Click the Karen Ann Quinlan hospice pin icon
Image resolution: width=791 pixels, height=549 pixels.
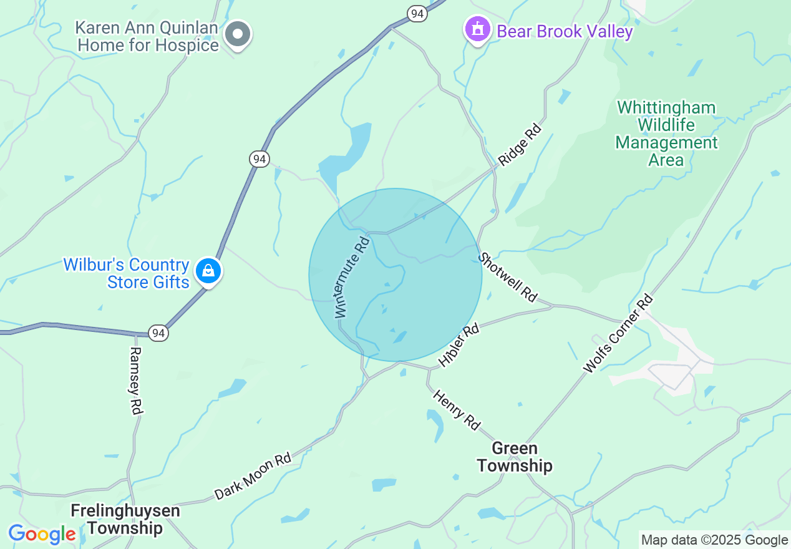pyautogui.click(x=238, y=33)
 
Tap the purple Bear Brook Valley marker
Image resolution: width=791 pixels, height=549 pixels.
pyautogui.click(x=478, y=29)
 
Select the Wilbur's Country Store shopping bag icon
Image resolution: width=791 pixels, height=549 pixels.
pyautogui.click(x=208, y=271)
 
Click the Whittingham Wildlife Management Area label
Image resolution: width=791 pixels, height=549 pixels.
pyautogui.click(x=666, y=134)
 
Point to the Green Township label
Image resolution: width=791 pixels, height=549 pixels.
pyautogui.click(x=515, y=457)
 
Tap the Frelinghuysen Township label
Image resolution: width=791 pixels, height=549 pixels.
pyautogui.click(x=125, y=520)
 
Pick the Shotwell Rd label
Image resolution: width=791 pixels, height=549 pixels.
pyautogui.click(x=508, y=276)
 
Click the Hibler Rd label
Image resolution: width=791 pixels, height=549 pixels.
pyautogui.click(x=459, y=344)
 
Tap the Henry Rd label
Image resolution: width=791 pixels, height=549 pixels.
pyautogui.click(x=457, y=410)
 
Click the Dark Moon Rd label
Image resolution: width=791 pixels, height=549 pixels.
pyautogui.click(x=253, y=476)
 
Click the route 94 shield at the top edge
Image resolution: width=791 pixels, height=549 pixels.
pyautogui.click(x=417, y=12)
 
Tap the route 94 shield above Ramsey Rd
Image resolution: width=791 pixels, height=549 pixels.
pyautogui.click(x=158, y=333)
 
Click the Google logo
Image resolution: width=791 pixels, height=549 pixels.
pyautogui.click(x=42, y=535)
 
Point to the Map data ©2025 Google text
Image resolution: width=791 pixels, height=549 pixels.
pyautogui.click(x=715, y=540)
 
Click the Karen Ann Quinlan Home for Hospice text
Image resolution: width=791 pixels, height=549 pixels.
pyautogui.click(x=147, y=37)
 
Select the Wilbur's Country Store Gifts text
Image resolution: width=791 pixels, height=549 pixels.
pyautogui.click(x=126, y=273)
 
